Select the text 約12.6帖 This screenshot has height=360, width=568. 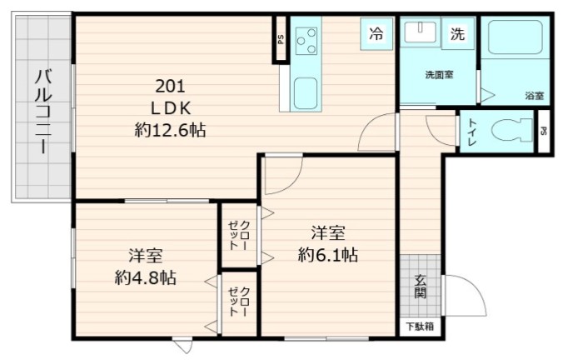pos(171,130)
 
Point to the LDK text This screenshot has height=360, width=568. pos(171,107)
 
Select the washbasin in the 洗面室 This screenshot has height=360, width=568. pos(417,34)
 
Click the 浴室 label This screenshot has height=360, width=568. pos(534,97)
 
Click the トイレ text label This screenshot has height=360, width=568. pos(472,132)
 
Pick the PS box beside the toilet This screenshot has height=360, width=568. pos(543,132)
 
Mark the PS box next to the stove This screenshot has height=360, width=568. pos(281,39)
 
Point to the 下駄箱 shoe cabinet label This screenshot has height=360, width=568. pos(420,326)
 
